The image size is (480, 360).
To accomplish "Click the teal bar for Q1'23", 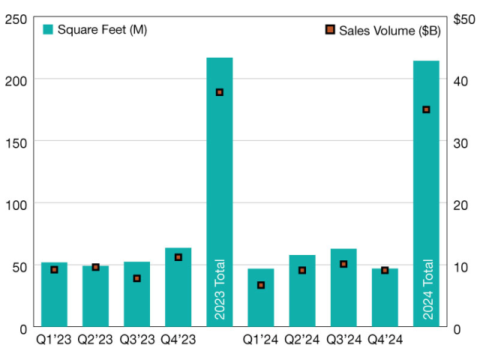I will pyautogui.click(x=54, y=300).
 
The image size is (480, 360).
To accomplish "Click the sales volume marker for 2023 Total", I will pyautogui.click(x=220, y=92).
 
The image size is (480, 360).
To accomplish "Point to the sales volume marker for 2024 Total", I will pyautogui.click(x=426, y=109).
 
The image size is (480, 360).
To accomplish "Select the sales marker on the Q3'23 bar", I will pyautogui.click(x=136, y=278).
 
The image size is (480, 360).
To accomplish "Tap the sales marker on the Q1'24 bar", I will pyautogui.click(x=261, y=285).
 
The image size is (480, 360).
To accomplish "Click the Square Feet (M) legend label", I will pyautogui.click(x=94, y=29).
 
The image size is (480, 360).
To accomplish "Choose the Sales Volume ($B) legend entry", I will pyautogui.click(x=388, y=30).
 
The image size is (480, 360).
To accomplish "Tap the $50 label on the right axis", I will pyautogui.click(x=463, y=17).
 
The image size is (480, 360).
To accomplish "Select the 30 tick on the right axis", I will pyautogui.click(x=460, y=142).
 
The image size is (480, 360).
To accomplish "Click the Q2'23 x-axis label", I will pyautogui.click(x=95, y=340).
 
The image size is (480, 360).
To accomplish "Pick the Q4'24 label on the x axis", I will pyautogui.click(x=385, y=340).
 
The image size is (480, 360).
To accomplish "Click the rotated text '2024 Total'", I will pyautogui.click(x=427, y=289).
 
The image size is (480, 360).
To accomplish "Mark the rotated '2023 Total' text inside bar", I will pyautogui.click(x=220, y=289).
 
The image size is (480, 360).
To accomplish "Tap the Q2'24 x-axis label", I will pyautogui.click(x=301, y=340).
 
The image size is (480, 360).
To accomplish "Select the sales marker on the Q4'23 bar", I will pyautogui.click(x=178, y=257).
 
